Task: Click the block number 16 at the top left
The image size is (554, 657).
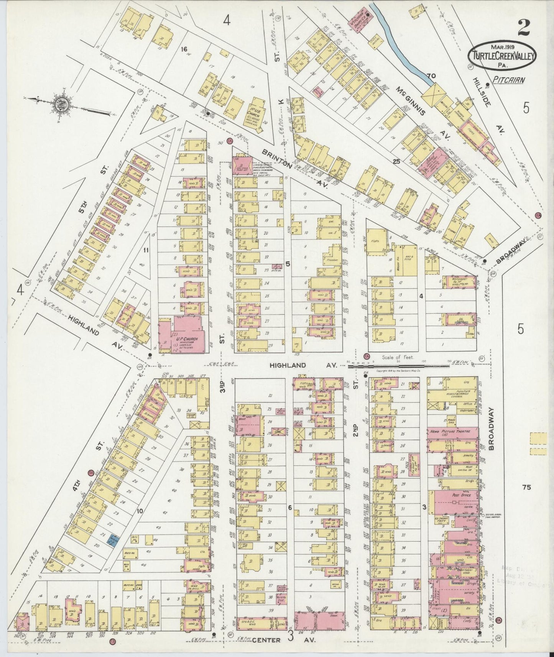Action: (184, 49)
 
